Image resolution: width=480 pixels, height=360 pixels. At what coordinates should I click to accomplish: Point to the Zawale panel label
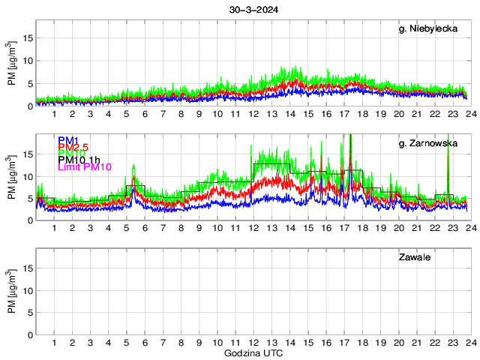tap(415, 257)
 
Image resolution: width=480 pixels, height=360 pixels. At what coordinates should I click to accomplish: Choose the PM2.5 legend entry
tap(73, 148)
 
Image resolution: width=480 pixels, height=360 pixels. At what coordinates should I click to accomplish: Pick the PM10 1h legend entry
tap(79, 160)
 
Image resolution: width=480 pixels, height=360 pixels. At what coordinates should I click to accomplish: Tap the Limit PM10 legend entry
tap(84, 167)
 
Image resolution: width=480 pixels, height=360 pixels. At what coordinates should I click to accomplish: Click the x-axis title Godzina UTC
tap(252, 353)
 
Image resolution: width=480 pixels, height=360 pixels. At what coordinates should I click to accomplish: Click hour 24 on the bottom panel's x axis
tap(469, 343)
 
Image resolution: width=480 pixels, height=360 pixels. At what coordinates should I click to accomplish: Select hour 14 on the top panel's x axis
tap(289, 114)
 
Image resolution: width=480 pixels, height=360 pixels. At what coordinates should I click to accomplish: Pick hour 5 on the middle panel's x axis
tap(127, 228)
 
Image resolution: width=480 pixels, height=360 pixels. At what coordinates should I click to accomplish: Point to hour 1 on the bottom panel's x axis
tap(54, 343)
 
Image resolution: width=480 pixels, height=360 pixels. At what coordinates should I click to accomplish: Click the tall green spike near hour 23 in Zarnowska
tap(448, 161)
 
